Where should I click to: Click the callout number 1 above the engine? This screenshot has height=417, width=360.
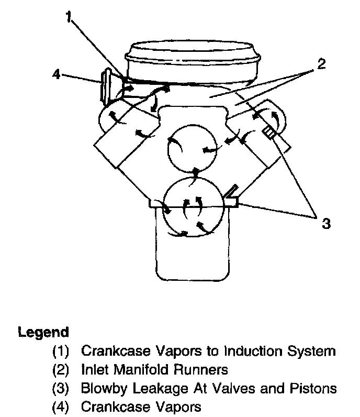pos(68,17)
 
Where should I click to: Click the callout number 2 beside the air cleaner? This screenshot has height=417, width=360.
pos(321,64)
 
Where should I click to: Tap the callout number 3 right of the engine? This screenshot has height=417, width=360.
pos(326,224)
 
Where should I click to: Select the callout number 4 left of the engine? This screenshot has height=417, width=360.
pos(57,74)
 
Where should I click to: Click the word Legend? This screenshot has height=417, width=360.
pos(43,332)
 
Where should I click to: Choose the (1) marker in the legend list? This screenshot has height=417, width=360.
pos(61,350)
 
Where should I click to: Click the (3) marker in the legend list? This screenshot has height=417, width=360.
pos(61,389)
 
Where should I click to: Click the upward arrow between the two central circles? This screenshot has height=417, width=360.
pos(196,172)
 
